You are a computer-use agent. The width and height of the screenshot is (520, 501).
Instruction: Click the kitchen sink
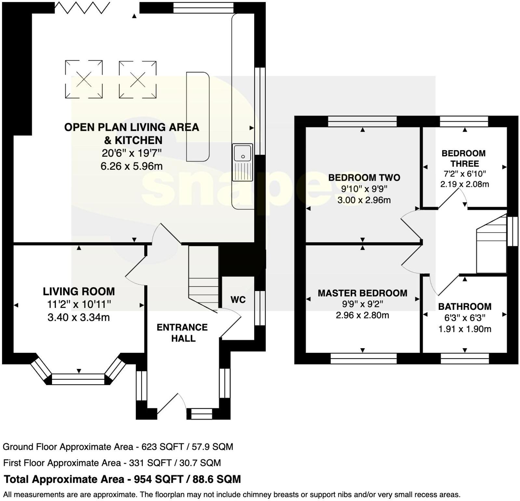point(242,162)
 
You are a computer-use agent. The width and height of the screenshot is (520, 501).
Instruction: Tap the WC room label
point(238,300)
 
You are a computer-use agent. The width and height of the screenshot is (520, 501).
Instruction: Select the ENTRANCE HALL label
point(182,333)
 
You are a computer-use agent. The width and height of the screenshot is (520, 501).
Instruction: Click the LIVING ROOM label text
point(79,291)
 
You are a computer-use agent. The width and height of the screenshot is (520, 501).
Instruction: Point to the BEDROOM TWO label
point(364,177)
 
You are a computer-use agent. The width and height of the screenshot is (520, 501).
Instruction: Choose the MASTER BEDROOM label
point(363,293)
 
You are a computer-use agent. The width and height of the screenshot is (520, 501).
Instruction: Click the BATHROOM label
point(465,307)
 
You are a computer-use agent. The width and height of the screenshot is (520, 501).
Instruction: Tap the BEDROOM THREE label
point(464,158)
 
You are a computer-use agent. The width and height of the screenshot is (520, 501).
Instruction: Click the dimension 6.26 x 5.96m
point(132,166)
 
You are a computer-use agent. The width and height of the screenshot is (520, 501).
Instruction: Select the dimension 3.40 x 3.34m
point(79,317)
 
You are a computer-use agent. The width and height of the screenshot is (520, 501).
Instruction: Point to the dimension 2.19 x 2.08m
point(465,184)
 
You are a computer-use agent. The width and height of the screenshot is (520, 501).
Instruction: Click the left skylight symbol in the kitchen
point(84,79)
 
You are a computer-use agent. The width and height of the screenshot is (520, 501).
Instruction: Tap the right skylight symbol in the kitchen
point(138,79)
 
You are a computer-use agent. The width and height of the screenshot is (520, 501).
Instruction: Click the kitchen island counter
point(198,117)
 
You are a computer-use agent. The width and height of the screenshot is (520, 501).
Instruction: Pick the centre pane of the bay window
point(78,379)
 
